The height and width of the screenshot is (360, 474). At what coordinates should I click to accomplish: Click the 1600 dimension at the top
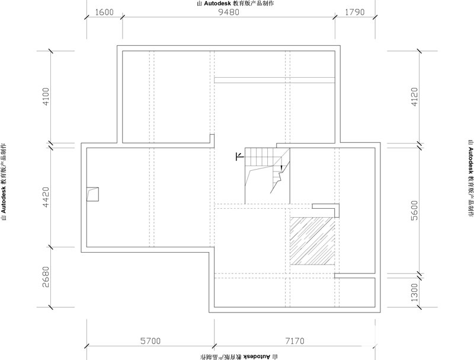pos(105,12)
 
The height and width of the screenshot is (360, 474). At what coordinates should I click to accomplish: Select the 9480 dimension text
pos(229,12)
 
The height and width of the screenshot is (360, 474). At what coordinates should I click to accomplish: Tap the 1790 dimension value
pos(355,12)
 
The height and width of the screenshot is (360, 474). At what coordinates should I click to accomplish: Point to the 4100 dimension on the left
pos(46,97)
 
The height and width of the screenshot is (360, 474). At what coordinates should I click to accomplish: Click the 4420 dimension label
pos(46,197)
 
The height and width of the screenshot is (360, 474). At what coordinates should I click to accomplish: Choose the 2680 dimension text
pos(46,277)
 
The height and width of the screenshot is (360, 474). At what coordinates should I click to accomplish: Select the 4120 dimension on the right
pos(414,97)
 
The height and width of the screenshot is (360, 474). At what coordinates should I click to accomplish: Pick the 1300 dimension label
pos(414,292)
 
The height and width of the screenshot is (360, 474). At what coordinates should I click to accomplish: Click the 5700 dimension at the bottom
pos(150,341)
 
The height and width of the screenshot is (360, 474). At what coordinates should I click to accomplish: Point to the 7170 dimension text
pos(294,341)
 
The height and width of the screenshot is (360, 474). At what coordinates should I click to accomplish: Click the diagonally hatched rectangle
pos(312,241)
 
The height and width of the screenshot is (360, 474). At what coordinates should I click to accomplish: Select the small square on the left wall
pos(92,194)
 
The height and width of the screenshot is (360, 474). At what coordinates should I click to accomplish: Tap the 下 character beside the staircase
pos(240,157)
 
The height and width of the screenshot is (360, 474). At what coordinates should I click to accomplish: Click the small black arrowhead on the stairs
pos(281,167)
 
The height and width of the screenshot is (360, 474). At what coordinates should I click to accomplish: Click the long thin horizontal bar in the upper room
pos(274,80)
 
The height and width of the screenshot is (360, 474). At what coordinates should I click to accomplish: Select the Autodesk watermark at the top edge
pos(235,4)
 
